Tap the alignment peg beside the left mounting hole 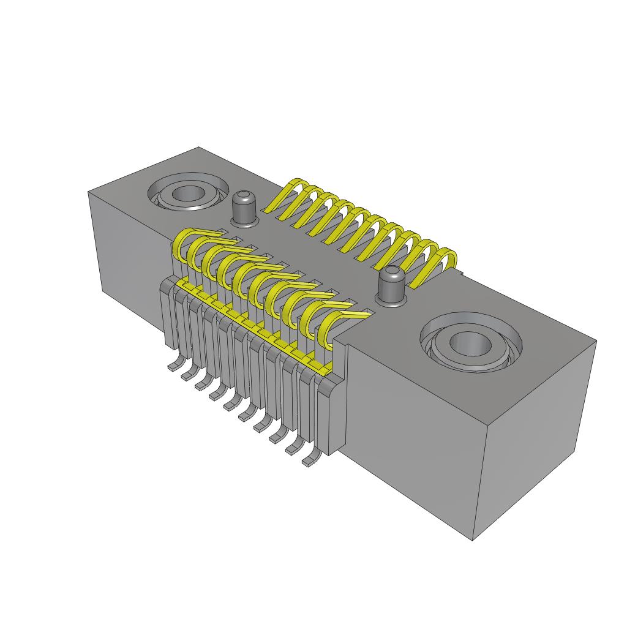coord(244,209)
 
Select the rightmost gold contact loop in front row coord(331,331)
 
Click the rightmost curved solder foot coord(310,460)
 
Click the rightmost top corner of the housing coord(596,342)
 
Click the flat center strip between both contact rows coord(318,257)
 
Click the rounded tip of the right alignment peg coord(391,273)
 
